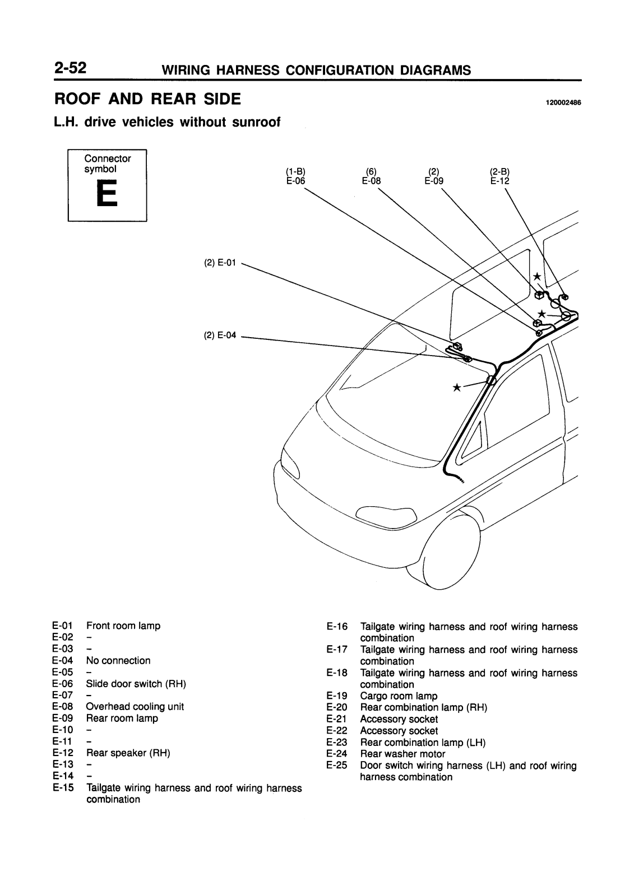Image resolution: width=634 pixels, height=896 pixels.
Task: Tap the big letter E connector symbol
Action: [107, 193]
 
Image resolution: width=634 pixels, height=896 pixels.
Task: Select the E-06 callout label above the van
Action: [295, 181]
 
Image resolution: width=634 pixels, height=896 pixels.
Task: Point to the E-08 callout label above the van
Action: [371, 181]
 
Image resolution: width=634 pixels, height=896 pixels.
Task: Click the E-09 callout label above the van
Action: [433, 181]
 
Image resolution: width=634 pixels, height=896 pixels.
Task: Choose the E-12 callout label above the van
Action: [500, 181]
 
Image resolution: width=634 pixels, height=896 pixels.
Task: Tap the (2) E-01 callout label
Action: [221, 262]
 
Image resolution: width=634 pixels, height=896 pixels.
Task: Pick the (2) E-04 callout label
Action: [220, 335]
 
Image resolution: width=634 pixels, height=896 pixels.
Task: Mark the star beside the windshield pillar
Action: [457, 387]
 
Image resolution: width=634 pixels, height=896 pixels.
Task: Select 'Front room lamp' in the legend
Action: [123, 626]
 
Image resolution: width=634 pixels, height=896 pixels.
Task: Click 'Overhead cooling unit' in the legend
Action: [135, 707]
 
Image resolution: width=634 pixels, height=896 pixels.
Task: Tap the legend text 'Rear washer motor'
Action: [402, 754]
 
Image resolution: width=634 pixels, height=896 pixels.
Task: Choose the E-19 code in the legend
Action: [337, 696]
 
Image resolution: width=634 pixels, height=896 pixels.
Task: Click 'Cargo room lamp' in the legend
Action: [399, 696]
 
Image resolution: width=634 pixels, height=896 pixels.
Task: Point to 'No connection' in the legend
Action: [118, 661]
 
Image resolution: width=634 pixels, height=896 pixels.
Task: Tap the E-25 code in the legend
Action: [337, 766]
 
